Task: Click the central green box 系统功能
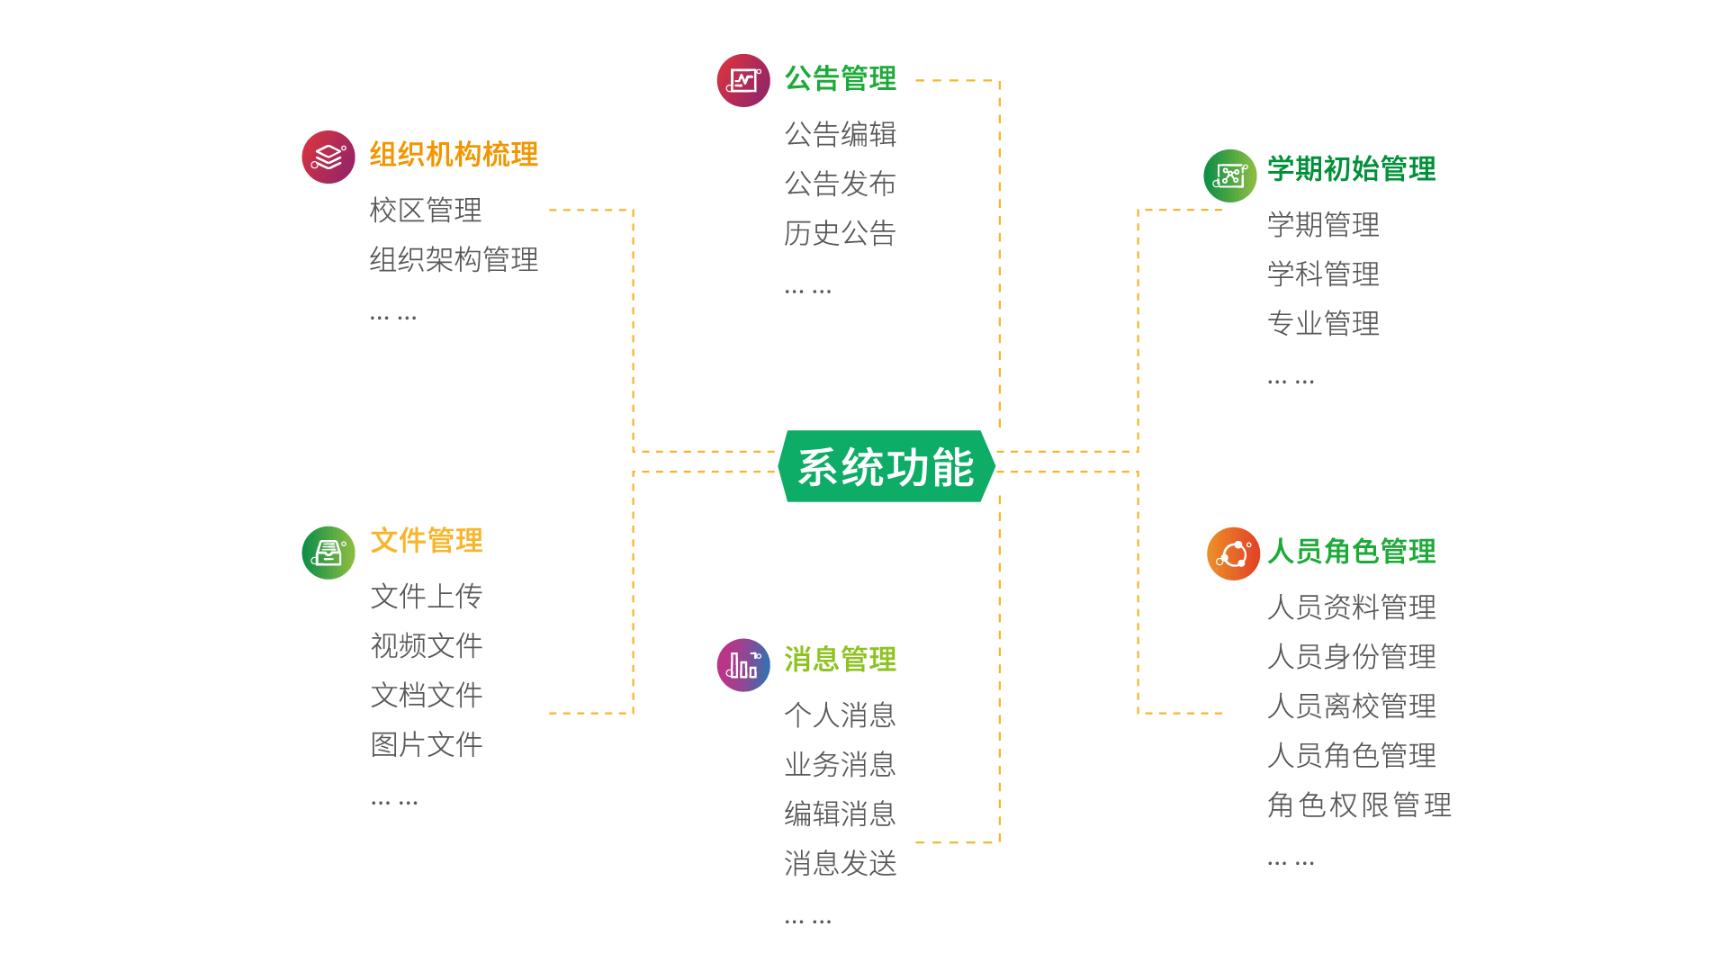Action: [x=886, y=466]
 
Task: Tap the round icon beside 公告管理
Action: [x=743, y=81]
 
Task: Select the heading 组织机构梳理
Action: [x=454, y=155]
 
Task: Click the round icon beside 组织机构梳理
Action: [x=328, y=157]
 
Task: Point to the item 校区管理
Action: [x=426, y=211]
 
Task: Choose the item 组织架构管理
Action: [x=454, y=260]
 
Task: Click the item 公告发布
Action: [x=840, y=184]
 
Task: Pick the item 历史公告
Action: [x=840, y=234]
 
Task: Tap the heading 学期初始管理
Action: [x=1351, y=169]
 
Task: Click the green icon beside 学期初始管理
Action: [x=1230, y=175]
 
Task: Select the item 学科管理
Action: [x=1323, y=274]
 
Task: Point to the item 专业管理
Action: [x=1323, y=324]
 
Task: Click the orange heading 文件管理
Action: [x=427, y=541]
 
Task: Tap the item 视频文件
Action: [x=427, y=646]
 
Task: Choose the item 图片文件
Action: [x=427, y=745]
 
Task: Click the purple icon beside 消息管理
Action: [x=743, y=665]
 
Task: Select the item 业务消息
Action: [x=840, y=765]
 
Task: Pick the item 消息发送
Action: [x=840, y=864]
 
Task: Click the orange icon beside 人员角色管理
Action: [x=1233, y=553]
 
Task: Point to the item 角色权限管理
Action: [x=1359, y=805]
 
